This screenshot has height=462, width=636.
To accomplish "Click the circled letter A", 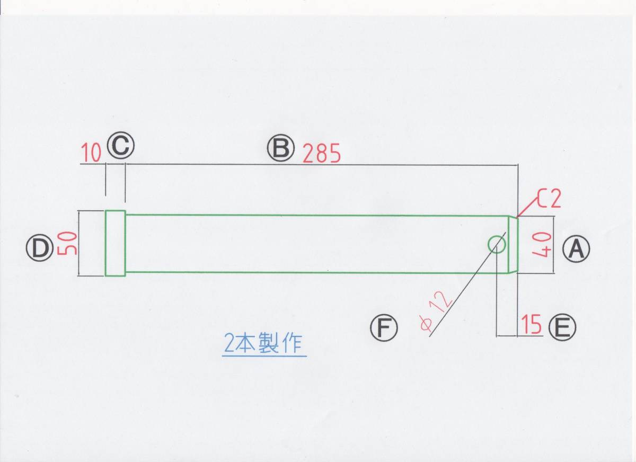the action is point(576,249).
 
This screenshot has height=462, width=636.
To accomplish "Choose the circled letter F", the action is point(384,328).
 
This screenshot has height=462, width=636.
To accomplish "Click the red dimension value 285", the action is point(321,154).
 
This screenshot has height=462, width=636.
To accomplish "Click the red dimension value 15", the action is point(531,324).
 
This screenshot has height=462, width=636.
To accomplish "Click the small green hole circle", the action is point(497,244).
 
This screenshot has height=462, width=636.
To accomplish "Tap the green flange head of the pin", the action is point(115,243).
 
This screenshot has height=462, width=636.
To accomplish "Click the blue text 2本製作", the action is point(263,344).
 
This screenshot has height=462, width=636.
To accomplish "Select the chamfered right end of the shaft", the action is point(513,244).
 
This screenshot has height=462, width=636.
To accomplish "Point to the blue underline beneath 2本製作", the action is point(264,356).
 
